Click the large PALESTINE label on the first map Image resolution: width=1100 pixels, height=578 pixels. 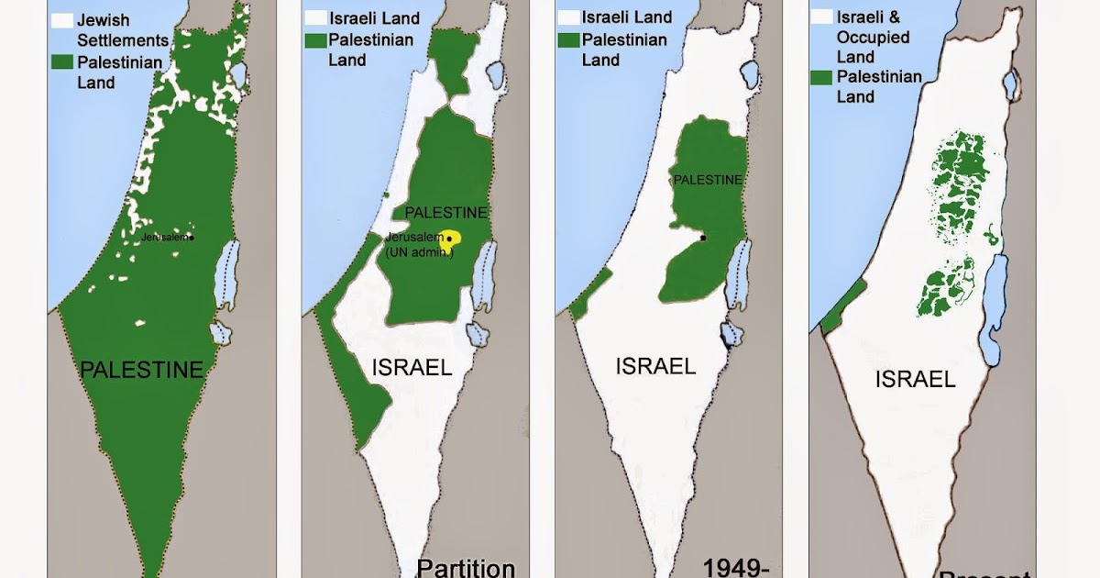141,371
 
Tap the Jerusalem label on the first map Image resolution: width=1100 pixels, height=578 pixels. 166,237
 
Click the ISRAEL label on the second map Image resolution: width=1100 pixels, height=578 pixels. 412,368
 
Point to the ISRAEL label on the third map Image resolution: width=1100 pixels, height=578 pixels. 655,366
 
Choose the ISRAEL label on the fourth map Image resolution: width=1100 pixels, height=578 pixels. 915,379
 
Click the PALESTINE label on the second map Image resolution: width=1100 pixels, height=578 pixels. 446,212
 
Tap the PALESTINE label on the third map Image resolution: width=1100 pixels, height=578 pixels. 707,180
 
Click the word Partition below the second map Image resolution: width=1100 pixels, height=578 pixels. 466,567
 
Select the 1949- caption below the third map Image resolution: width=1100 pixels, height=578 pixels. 735,567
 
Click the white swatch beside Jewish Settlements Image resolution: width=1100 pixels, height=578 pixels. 62,19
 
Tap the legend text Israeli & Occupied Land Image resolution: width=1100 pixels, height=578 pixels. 874,38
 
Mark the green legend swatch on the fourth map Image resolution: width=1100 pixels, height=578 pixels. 821,77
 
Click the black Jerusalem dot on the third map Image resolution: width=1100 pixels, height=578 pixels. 702,239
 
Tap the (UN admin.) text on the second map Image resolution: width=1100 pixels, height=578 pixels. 419,252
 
